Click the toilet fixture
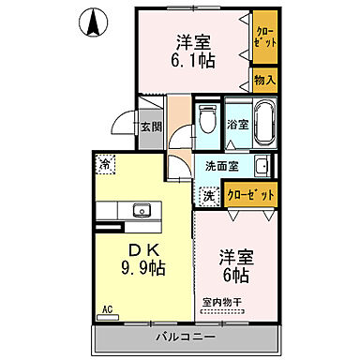pos(207,123)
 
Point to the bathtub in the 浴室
pos(262,123)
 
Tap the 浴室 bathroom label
pos(236,125)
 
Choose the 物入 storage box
pos(264,80)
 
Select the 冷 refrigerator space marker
pos(105,161)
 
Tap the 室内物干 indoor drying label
pos(223,302)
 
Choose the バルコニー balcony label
pos(186,336)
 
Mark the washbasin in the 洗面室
pos(262,167)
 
